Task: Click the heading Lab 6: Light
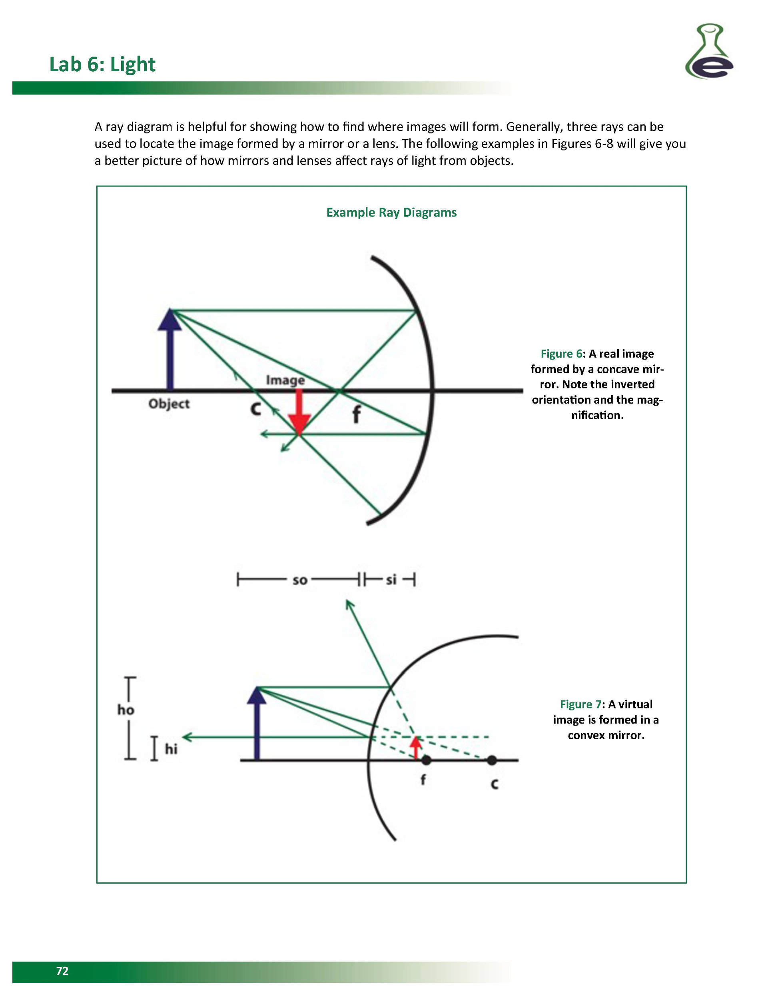point(102,64)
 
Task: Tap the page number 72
point(62,971)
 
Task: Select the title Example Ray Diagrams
point(391,212)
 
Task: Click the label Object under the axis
point(169,404)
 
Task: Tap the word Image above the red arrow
point(285,380)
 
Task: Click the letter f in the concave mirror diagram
point(356,415)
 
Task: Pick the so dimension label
point(300,580)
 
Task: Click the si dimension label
point(391,580)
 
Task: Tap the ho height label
point(126,710)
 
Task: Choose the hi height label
point(171,749)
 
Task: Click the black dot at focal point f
point(426,760)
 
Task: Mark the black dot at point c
point(491,760)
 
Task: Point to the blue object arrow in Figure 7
point(257,724)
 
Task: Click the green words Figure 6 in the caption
point(561,354)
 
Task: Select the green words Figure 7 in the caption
point(580,704)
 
